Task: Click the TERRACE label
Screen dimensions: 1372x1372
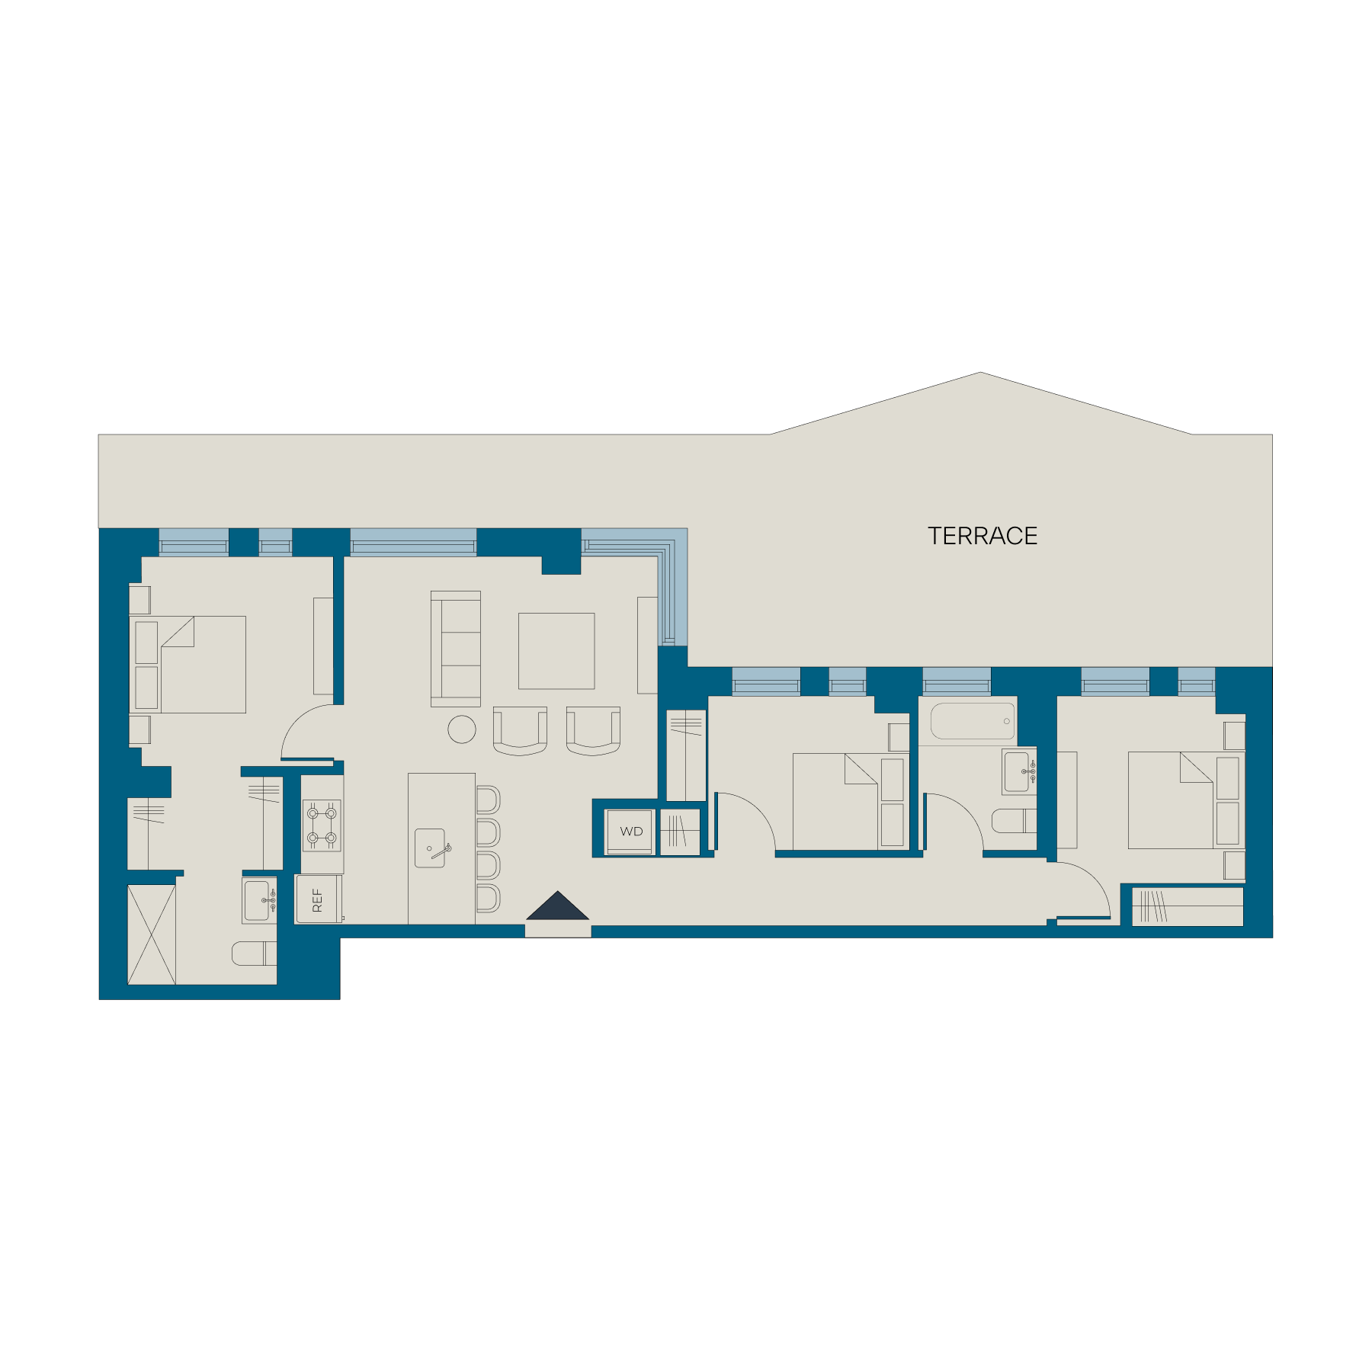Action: [x=982, y=536]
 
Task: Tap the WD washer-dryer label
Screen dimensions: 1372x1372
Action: [x=631, y=832]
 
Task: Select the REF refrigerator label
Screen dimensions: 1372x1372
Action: [x=318, y=899]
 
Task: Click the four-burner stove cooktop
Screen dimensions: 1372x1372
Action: [x=322, y=825]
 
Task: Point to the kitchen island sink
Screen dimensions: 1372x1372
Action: [x=430, y=848]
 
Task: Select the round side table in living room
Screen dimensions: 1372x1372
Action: [x=462, y=729]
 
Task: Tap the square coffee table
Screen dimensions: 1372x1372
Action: [x=556, y=651]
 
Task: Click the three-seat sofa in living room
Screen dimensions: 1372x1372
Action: [x=456, y=649]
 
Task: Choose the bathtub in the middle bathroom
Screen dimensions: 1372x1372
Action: [x=973, y=721]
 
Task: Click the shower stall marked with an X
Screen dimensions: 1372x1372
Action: [x=152, y=934]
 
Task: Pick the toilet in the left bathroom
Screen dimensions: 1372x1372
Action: [x=254, y=954]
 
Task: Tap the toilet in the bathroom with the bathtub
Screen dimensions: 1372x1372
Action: [x=1014, y=821]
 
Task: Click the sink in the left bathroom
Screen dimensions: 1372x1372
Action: [x=259, y=901]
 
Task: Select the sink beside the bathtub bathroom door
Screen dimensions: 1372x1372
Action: [x=1019, y=772]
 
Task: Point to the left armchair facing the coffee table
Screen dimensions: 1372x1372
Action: [x=520, y=731]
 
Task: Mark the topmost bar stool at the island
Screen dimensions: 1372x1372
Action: [x=489, y=800]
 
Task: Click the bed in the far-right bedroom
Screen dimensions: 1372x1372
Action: [x=1186, y=800]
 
